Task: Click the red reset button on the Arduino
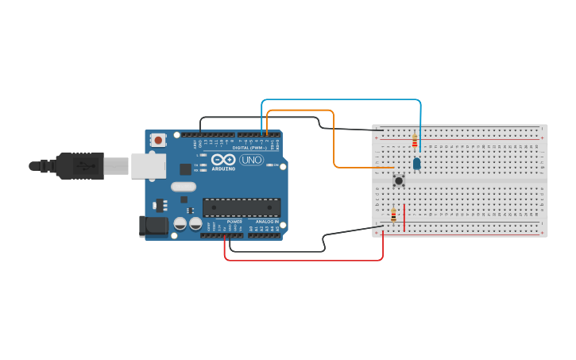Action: pos(158,141)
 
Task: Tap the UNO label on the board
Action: pos(251,160)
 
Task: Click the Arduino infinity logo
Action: pos(223,160)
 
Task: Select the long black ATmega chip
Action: pos(242,207)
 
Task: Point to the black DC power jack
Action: pos(154,226)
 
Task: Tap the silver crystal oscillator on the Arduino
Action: pos(183,188)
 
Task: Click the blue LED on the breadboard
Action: pos(416,164)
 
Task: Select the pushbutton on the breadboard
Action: pos(399,181)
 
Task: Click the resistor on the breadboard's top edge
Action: pos(414,141)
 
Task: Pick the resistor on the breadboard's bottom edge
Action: pos(393,215)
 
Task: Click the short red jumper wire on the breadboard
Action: pos(404,218)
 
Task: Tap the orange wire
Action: pos(334,135)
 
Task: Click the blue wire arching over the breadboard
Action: pos(342,100)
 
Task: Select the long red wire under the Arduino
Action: pos(302,260)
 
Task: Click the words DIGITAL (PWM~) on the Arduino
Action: pos(249,148)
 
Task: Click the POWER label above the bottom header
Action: pos(234,222)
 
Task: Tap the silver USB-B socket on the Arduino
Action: pos(148,165)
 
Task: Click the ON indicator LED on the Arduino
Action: pos(273,165)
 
